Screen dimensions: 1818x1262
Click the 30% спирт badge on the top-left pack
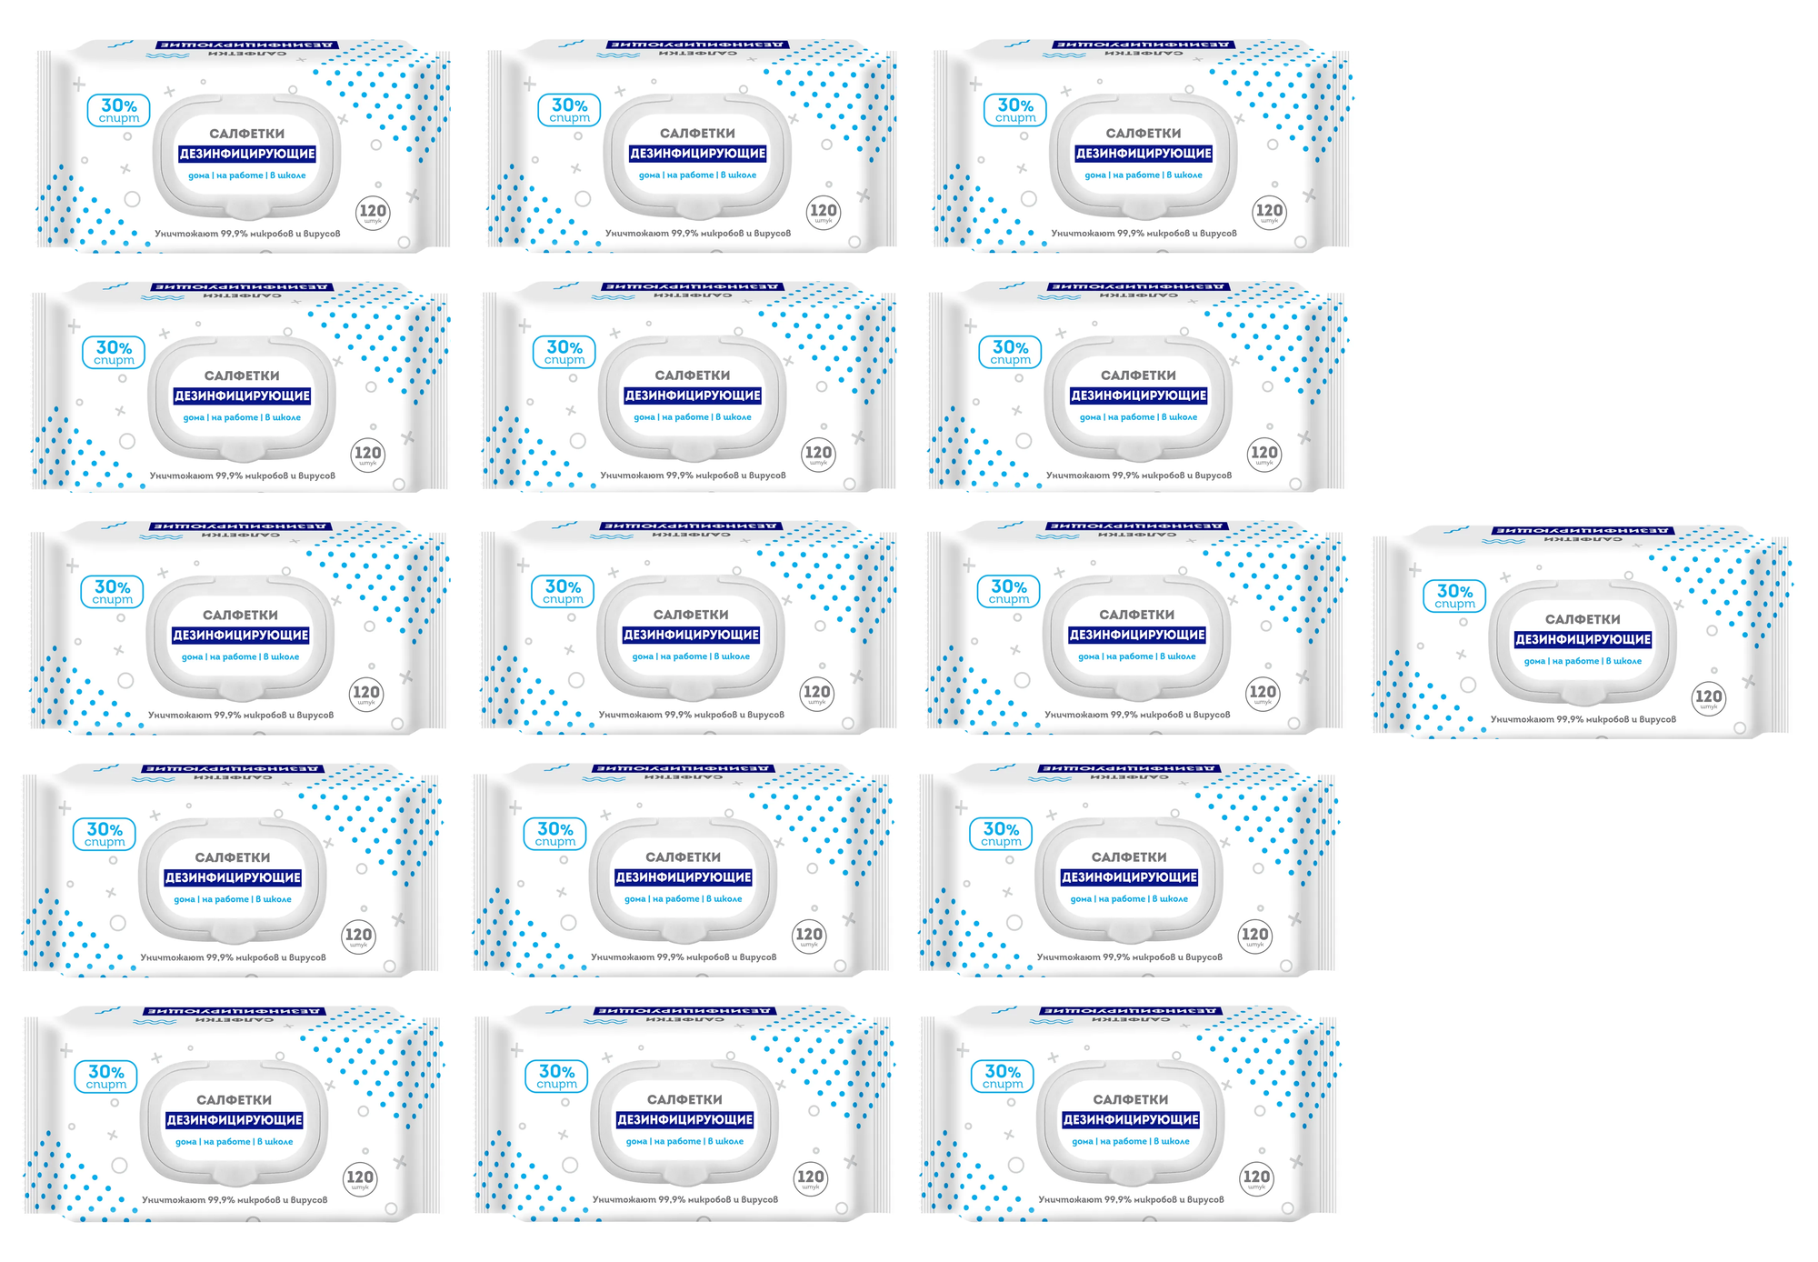coord(119,111)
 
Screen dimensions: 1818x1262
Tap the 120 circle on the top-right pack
coord(1269,213)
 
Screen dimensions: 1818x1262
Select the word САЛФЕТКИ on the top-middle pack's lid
coord(697,133)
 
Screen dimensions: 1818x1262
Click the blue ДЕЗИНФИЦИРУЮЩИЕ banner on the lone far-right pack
coord(1583,639)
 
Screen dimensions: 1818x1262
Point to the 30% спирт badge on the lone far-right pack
coord(1454,596)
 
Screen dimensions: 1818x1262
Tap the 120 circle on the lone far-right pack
coord(1708,698)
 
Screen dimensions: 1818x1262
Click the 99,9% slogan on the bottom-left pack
coord(235,1200)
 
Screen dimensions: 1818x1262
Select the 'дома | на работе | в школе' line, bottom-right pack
coord(1131,1141)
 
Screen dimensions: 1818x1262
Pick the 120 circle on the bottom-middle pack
coord(810,1178)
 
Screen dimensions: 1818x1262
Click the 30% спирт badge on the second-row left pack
coord(114,353)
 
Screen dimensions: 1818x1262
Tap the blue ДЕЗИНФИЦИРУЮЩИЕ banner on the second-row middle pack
coord(693,396)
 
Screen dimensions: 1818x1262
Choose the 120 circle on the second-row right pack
coord(1264,455)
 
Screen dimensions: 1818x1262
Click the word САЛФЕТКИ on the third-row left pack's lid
coord(240,615)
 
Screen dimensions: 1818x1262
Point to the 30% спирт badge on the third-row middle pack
coord(563,592)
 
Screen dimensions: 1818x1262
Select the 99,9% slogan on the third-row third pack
coord(1137,715)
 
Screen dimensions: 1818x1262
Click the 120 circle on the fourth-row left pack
coord(358,936)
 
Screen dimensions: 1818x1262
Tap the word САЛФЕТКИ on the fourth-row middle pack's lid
coord(683,857)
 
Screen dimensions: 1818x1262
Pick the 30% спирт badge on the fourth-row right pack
coord(1001,834)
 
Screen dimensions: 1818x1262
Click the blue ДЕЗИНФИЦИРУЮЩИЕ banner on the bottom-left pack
coord(235,1120)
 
